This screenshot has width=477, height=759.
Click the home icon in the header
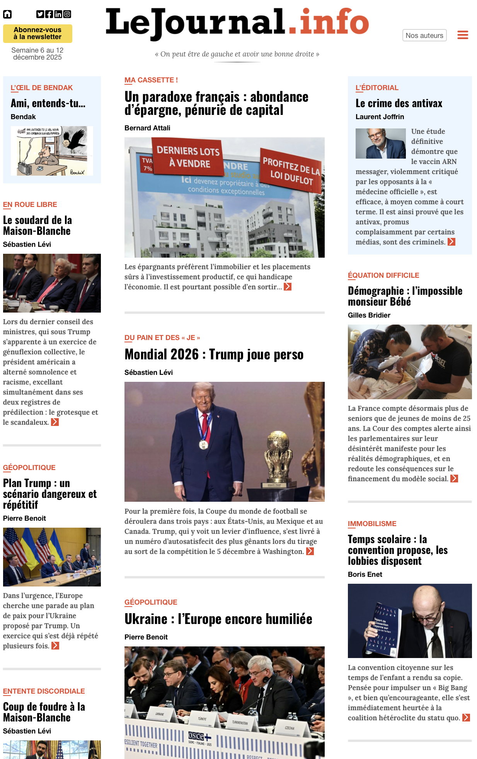pos(7,14)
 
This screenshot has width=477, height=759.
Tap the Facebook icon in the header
pos(49,14)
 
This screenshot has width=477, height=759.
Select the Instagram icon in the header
pos(67,14)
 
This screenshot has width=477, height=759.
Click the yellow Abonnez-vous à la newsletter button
pos(37,34)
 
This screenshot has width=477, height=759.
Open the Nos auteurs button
pos(424,35)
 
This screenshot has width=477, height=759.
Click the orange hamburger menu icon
pos(463,35)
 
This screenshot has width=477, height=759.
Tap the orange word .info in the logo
pos(328,22)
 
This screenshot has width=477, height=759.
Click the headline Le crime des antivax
pos(399,103)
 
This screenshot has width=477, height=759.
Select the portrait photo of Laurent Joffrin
pos(380,144)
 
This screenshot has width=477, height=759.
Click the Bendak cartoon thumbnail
pos(52,151)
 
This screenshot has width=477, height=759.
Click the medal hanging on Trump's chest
pos(203,445)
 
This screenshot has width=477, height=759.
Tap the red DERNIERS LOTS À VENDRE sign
pos(188,157)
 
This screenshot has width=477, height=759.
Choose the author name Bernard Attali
pos(147,128)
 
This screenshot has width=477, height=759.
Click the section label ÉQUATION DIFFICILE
pos(383,275)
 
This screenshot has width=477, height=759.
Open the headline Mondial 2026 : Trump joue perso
pos(214,354)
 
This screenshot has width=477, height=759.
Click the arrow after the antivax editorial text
pos(451,242)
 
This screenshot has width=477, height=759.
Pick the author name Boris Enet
pos(365,574)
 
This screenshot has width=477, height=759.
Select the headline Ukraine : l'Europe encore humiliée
pos(218,619)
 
